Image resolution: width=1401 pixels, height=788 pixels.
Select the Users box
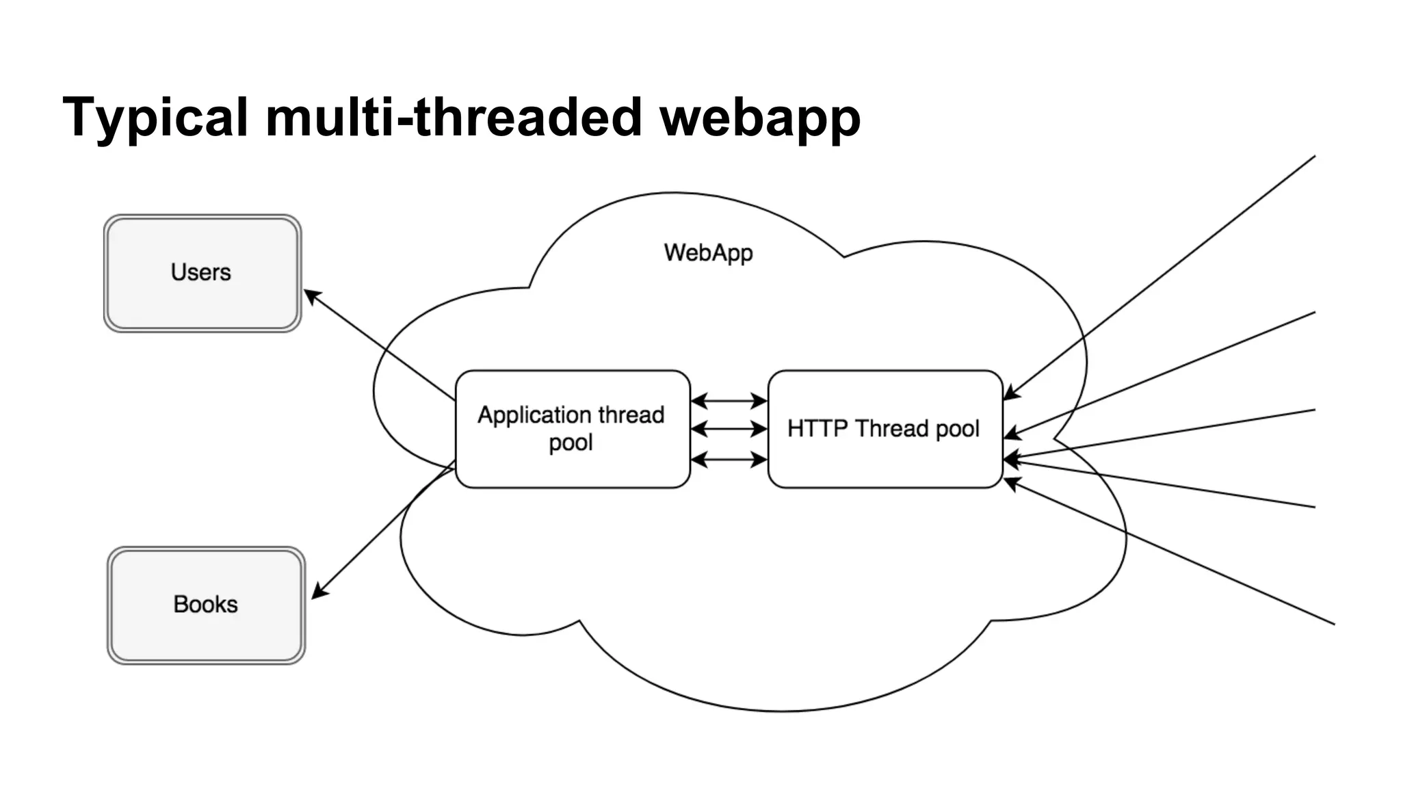pos(202,273)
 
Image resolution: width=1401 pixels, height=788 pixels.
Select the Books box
pos(206,605)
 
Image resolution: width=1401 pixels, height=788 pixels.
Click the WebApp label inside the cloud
pos(708,252)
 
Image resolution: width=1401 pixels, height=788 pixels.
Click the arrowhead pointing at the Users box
pos(311,295)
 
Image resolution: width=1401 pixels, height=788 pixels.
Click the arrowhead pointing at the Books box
pos(319,592)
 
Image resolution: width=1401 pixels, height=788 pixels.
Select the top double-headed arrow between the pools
pos(729,401)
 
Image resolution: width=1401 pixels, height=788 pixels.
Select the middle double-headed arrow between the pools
pos(729,429)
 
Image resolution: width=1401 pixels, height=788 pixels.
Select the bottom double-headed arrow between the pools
pos(729,460)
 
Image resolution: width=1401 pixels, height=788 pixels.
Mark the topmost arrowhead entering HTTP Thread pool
pos(1010,393)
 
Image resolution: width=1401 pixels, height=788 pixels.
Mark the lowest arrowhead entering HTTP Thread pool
pos(1011,483)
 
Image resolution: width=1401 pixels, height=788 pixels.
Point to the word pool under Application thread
pos(571,443)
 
